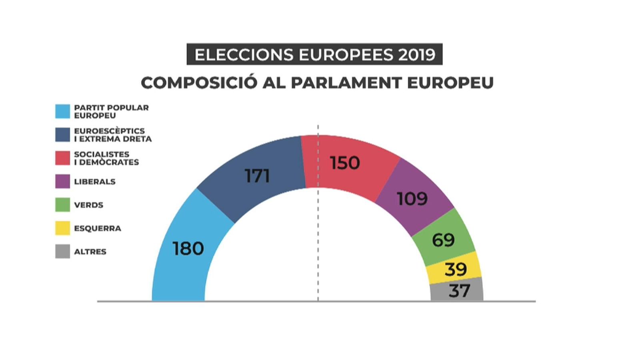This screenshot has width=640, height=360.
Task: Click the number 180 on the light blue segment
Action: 188,248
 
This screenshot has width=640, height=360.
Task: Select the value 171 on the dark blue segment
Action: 257,176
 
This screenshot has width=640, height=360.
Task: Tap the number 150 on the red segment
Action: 344,163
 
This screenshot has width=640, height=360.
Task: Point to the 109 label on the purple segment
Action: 412,198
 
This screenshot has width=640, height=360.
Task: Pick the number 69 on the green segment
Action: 443,240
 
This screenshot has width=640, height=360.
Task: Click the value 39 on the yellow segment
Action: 456,270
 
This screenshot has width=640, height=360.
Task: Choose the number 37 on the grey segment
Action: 459,291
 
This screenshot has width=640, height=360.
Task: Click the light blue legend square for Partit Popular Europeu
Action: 62,111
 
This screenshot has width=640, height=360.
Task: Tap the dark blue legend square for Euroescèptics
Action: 62,135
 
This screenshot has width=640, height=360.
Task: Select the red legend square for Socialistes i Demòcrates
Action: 62,158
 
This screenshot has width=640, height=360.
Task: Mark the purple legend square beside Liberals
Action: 62,182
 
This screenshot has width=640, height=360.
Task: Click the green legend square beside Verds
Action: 62,205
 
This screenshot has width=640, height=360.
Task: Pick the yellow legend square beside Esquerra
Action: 62,228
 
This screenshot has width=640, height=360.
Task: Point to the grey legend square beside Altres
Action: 62,252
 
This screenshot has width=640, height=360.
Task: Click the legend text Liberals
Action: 95,182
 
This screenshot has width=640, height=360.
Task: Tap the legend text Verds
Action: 88,205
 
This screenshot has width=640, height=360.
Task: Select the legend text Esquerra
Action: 97,228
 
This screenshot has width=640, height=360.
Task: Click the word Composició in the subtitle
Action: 199,83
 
